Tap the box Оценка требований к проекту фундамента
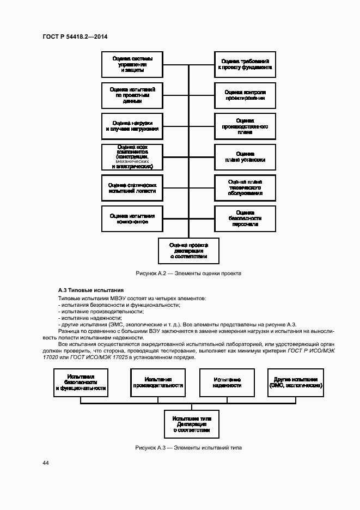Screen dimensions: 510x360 coord(245,64)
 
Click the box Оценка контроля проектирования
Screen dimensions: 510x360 coord(245,95)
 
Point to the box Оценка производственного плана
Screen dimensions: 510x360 coord(245,126)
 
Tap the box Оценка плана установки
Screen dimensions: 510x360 coord(245,157)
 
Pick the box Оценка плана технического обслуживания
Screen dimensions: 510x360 coord(245,189)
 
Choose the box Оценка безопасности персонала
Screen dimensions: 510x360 coord(245,219)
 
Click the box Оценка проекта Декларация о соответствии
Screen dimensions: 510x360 coord(188,251)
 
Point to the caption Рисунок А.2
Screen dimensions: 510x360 coord(188,274)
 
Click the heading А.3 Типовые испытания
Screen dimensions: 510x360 coord(90,290)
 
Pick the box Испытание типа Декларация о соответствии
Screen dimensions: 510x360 coord(188,423)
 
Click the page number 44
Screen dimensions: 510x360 coord(45,463)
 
